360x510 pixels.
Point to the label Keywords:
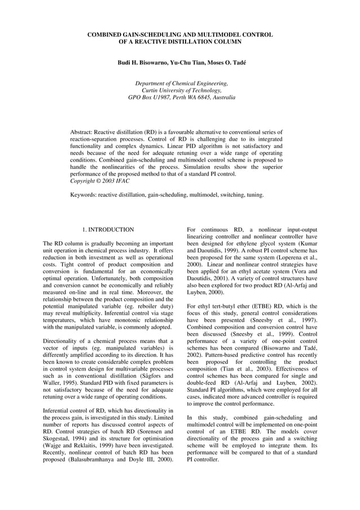click(83, 195)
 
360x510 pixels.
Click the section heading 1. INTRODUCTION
click(108, 230)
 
